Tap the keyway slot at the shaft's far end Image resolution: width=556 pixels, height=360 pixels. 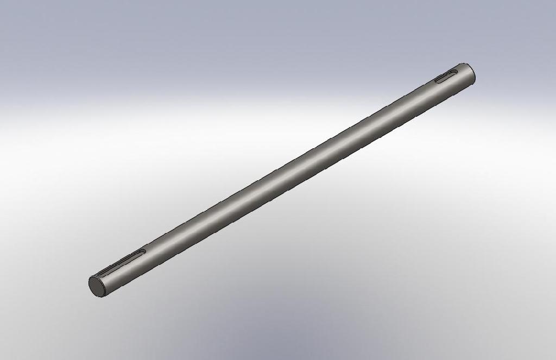[x=446, y=77]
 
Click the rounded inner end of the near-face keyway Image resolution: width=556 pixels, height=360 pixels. [x=143, y=251]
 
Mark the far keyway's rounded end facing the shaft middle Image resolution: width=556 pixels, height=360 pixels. [x=437, y=81]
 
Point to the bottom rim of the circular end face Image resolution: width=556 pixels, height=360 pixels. [x=99, y=295]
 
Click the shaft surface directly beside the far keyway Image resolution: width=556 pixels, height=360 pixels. [x=448, y=85]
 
